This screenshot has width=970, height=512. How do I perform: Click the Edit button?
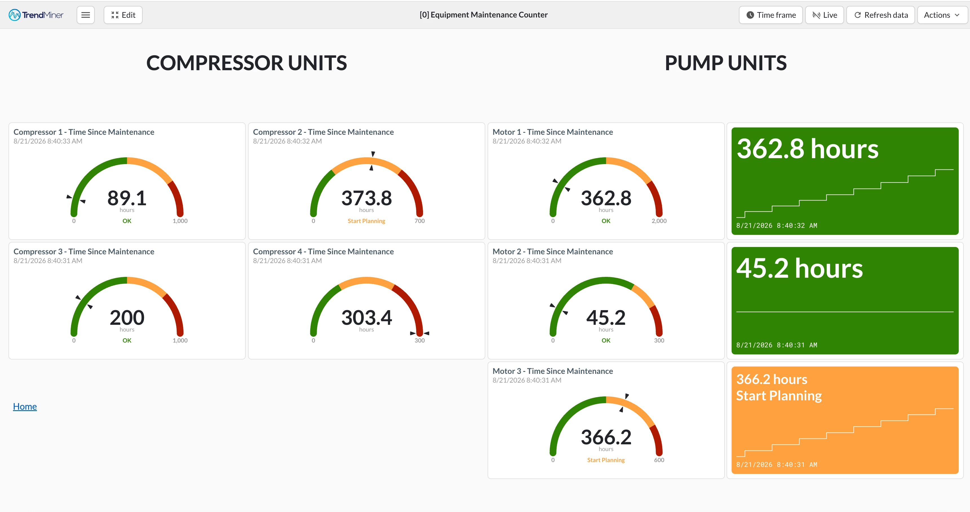[x=123, y=15]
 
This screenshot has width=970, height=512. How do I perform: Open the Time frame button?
[x=771, y=15]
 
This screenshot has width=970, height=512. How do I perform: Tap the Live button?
[x=825, y=15]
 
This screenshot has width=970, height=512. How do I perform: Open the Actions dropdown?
[x=942, y=15]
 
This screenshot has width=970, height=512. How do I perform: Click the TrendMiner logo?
[x=36, y=15]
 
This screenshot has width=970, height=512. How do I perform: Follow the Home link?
[x=25, y=407]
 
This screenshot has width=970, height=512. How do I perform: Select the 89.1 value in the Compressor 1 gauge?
[x=127, y=198]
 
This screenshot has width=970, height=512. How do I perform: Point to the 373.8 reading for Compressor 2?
[x=366, y=198]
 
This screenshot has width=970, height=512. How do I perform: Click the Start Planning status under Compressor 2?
[x=366, y=221]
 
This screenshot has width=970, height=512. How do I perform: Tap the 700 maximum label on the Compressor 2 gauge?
[x=420, y=221]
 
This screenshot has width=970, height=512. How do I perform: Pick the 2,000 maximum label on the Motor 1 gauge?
[x=659, y=221]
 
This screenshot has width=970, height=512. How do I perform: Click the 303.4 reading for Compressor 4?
[x=366, y=317]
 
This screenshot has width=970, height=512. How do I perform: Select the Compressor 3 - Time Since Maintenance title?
[x=84, y=252]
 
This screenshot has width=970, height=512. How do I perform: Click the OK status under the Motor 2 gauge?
[x=606, y=340]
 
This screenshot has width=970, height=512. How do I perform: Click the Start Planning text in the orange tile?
[x=779, y=396]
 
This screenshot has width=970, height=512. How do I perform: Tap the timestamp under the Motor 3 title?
[x=527, y=380]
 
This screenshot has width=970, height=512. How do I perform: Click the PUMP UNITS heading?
[x=726, y=63]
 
